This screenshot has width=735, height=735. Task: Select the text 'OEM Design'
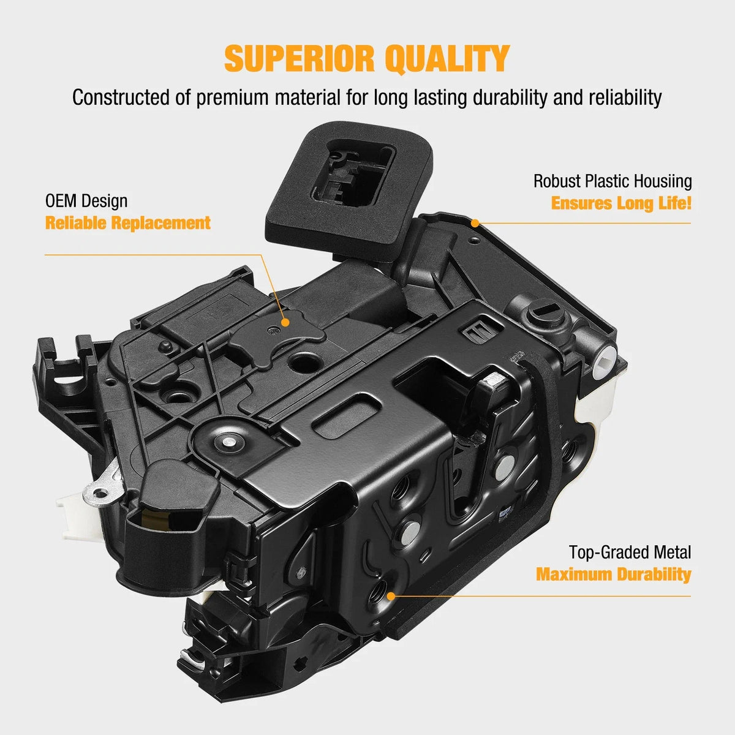click(86, 201)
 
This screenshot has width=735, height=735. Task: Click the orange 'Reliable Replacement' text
click(128, 223)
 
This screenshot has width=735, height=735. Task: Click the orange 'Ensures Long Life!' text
click(621, 203)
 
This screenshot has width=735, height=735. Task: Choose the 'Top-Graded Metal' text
click(630, 552)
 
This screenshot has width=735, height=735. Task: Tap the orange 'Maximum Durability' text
click(613, 574)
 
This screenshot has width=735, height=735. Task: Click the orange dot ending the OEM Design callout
click(285, 322)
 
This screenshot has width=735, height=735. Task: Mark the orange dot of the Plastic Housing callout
click(475, 223)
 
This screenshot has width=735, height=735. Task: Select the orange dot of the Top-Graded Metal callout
click(391, 596)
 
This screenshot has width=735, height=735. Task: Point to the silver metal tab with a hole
click(100, 492)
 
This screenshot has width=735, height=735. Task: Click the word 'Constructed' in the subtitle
click(121, 97)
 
